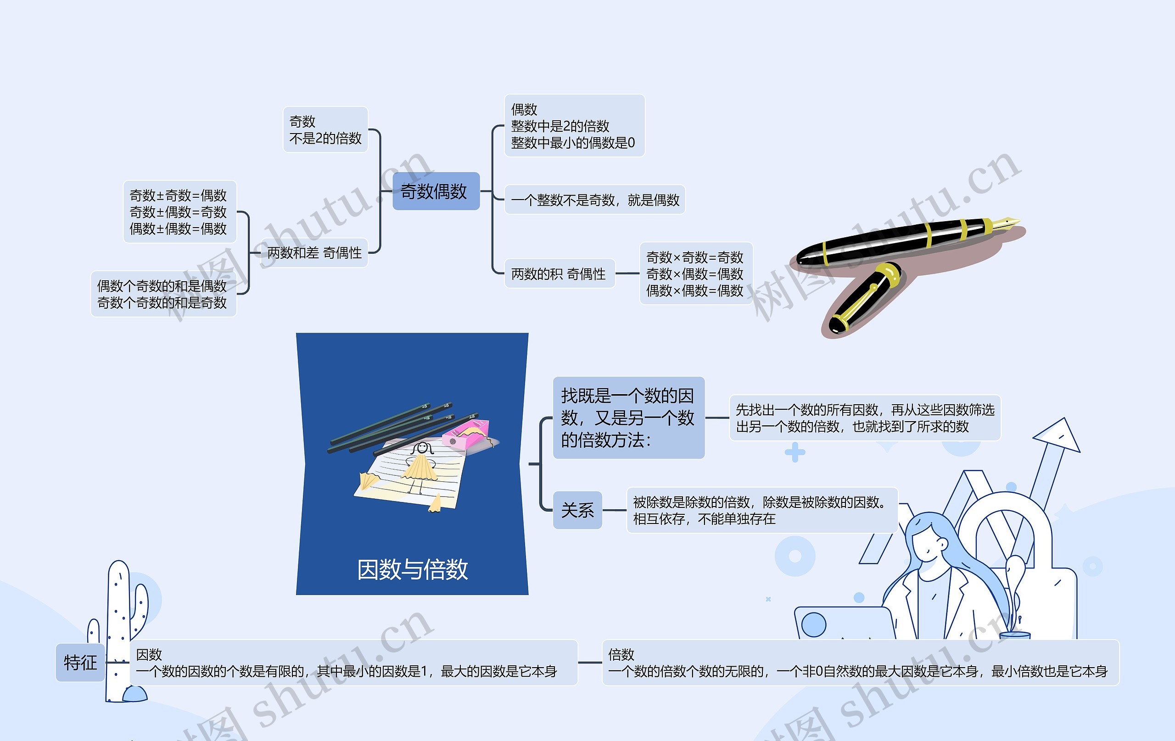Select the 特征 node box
(x=80, y=663)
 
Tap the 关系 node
(x=577, y=510)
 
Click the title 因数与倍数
(x=412, y=569)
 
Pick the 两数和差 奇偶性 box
(x=314, y=253)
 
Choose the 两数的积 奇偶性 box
(x=559, y=273)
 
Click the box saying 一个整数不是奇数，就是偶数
(x=594, y=200)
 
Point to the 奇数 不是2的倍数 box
(x=325, y=130)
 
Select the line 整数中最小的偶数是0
(x=572, y=143)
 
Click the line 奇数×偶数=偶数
(x=694, y=273)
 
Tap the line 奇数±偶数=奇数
(x=178, y=212)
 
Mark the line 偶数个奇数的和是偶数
(x=162, y=286)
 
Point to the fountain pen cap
(x=864, y=298)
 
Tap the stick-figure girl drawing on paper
(x=420, y=466)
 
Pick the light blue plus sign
(x=795, y=452)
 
